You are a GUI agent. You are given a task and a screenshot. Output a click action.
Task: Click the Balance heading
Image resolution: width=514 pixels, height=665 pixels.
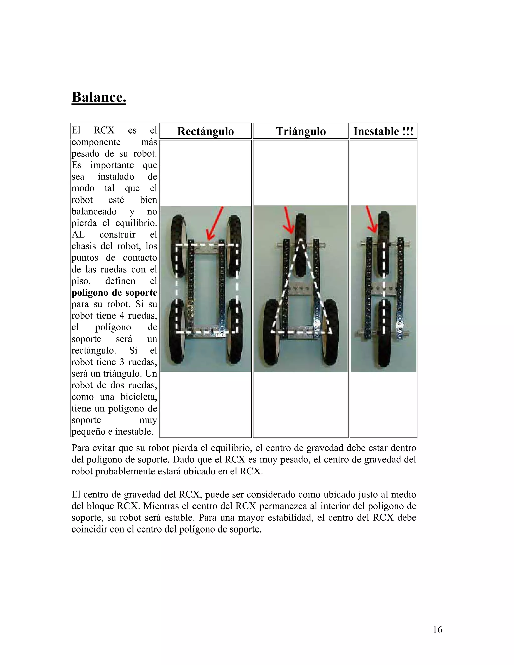(x=99, y=97)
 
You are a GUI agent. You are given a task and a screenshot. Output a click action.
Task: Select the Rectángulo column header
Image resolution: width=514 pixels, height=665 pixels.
(x=206, y=131)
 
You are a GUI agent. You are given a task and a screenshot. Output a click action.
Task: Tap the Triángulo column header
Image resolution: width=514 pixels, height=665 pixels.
(x=300, y=131)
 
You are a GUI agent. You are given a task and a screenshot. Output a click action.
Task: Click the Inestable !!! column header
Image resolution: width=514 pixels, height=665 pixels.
(x=383, y=131)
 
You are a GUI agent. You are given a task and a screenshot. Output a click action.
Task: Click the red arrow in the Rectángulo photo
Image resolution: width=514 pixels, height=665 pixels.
(x=214, y=224)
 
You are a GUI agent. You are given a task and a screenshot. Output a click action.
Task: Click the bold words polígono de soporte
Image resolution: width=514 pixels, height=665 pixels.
(x=114, y=293)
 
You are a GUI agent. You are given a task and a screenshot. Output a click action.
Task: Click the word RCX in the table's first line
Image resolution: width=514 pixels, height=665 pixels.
(x=104, y=130)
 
